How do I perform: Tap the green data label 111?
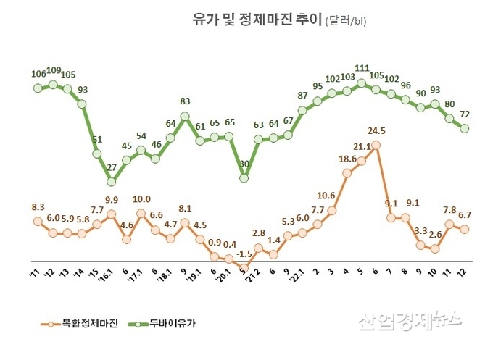tap(362, 68)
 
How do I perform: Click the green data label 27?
tap(112, 168)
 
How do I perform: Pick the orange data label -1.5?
tap(245, 254)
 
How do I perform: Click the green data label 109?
tap(53, 71)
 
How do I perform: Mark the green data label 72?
tap(465, 114)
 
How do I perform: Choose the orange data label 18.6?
tap(347, 159)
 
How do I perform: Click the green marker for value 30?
tap(244, 177)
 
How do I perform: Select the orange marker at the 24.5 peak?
tap(376, 145)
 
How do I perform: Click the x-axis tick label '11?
tap(34, 273)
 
